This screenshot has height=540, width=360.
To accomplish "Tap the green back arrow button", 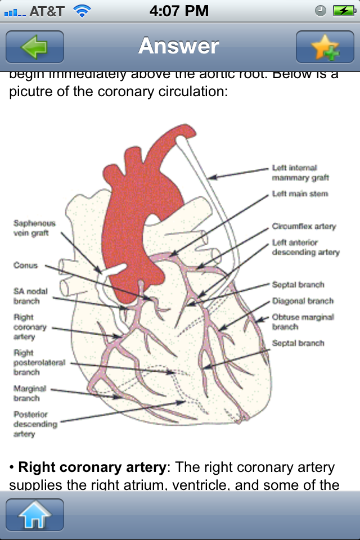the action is (x=35, y=47).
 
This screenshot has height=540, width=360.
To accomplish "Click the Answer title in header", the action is (x=179, y=46).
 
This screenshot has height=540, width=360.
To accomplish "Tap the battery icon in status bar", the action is (x=343, y=11).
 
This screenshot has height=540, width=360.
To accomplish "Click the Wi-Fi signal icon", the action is (x=82, y=11).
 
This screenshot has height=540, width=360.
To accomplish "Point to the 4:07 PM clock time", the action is (x=179, y=11).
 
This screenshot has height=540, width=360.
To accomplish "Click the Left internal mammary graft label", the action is (x=300, y=173).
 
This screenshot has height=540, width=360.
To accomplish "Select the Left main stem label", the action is (x=300, y=194).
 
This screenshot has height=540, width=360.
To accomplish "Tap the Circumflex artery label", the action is (x=304, y=227).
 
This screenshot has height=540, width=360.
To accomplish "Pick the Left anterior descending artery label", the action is (x=305, y=247).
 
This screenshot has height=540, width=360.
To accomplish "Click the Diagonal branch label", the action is (x=303, y=301).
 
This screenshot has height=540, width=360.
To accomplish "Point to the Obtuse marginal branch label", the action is (x=303, y=322).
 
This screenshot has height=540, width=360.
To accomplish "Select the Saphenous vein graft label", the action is (x=34, y=228).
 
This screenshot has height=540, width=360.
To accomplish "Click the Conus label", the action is (x=25, y=265).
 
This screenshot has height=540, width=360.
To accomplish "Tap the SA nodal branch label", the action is (x=30, y=296).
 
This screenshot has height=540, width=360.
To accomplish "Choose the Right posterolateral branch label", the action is (x=39, y=362).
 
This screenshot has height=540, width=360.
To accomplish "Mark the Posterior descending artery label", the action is (x=35, y=424).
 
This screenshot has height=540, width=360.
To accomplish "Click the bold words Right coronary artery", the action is (x=92, y=467).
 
